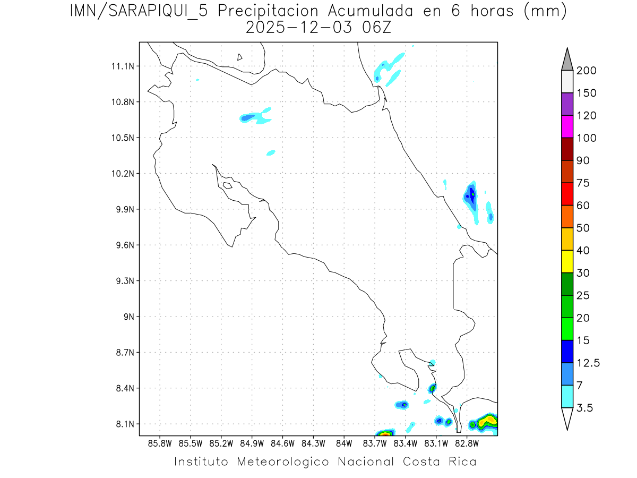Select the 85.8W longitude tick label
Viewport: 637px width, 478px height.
[x=160, y=442]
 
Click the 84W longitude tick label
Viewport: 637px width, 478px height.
[x=344, y=442]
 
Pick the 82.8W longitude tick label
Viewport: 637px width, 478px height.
[x=467, y=442]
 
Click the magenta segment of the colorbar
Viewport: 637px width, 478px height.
[x=567, y=127]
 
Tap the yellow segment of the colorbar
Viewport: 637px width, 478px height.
[x=567, y=261]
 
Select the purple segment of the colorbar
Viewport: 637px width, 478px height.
[x=567, y=105]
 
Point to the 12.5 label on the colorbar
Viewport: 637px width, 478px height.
[x=588, y=363]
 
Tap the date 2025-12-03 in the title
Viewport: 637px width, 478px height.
[x=299, y=28]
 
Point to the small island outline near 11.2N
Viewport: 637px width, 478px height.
[x=240, y=57]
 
